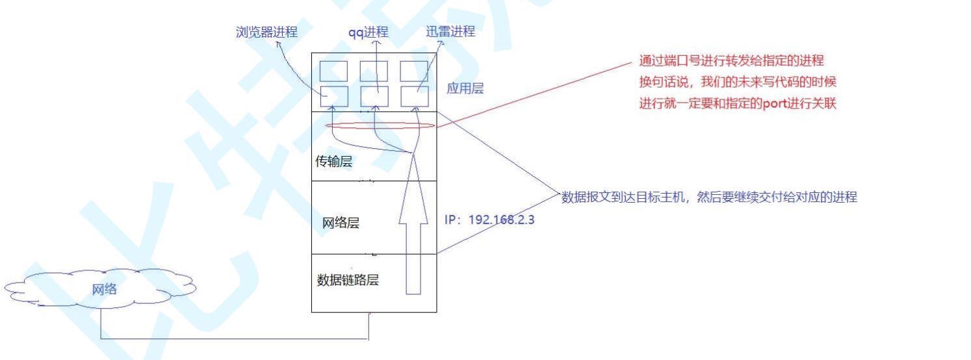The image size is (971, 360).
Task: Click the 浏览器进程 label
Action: [266, 32]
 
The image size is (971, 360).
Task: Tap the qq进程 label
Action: [368, 32]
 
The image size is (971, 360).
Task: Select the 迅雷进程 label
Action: [450, 31]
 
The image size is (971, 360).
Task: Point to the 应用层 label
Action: [465, 88]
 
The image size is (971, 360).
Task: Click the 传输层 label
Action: [333, 162]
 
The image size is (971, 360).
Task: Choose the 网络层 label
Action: [341, 224]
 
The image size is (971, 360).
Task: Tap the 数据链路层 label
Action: [348, 281]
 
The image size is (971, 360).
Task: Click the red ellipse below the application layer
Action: [380, 125]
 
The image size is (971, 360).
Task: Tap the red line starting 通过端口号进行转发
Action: [731, 61]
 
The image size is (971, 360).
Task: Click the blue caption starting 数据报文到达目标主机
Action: [709, 197]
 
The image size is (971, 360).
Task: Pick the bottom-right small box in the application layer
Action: [414, 96]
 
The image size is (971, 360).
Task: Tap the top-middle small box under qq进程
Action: [374, 71]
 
